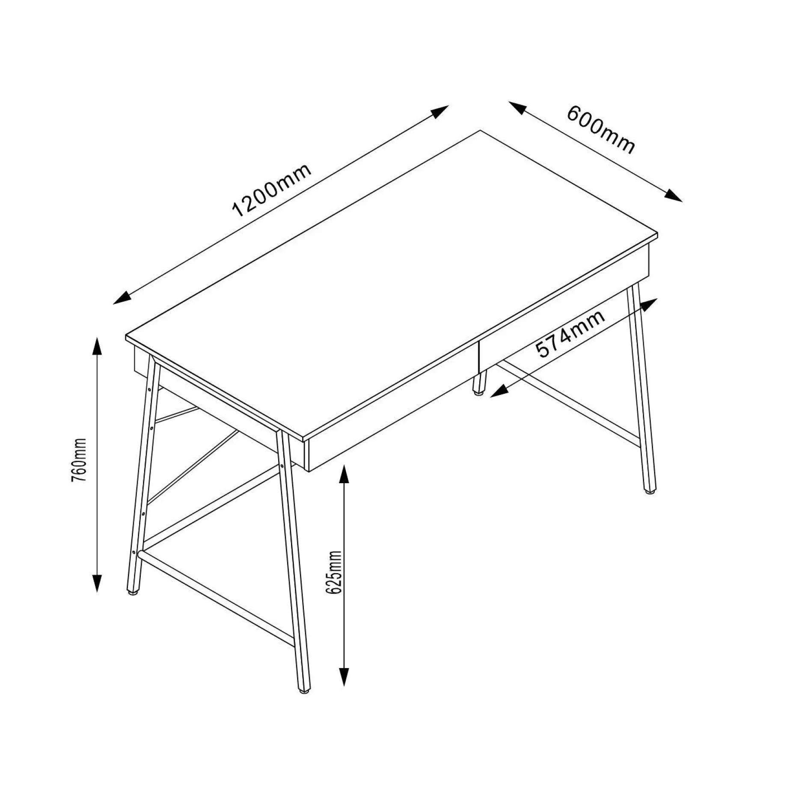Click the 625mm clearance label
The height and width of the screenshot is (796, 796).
333,572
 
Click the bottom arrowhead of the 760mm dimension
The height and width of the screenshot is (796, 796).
98,583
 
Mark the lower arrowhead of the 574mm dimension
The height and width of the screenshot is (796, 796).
499,391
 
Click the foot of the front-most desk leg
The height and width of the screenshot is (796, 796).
304,701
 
